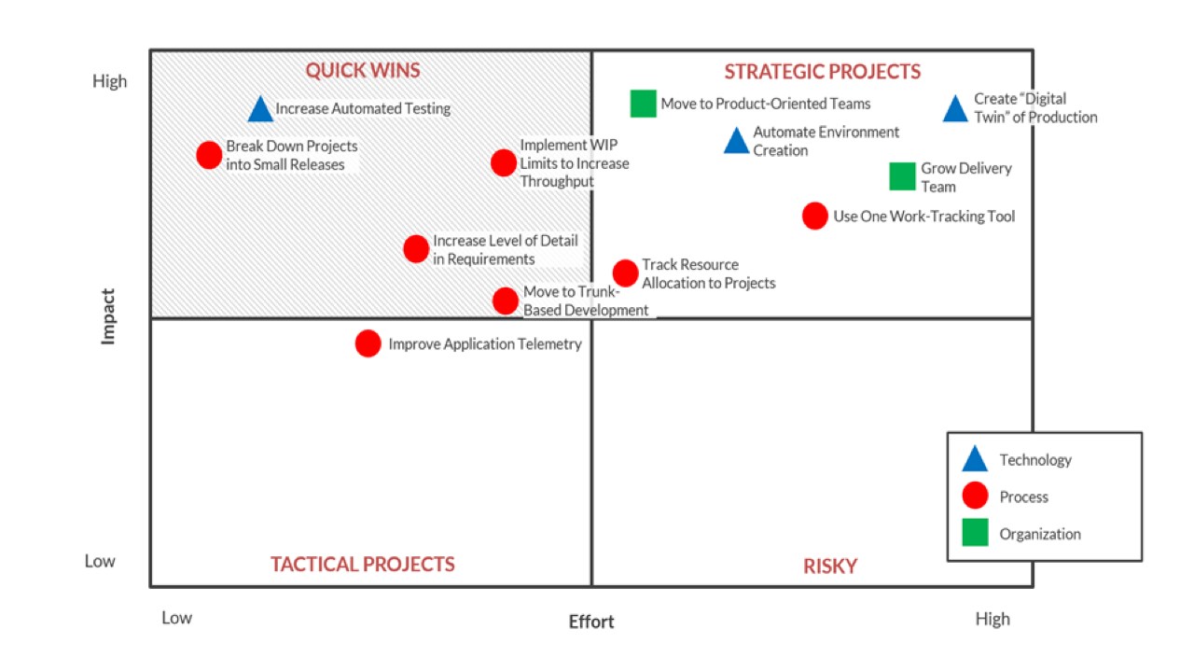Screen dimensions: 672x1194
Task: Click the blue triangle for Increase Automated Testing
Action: tap(261, 110)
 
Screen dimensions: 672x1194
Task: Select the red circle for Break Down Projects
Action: tap(210, 155)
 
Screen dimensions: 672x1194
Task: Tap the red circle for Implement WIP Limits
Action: tap(504, 162)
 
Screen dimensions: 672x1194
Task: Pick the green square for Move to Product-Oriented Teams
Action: tap(643, 104)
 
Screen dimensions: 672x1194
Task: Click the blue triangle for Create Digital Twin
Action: tap(955, 110)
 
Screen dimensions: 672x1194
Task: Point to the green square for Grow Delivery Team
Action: tap(902, 176)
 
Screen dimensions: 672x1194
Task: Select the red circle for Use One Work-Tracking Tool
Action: tap(814, 216)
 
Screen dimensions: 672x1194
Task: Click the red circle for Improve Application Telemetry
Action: tap(368, 343)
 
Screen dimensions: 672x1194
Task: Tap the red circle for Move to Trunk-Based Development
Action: tap(506, 301)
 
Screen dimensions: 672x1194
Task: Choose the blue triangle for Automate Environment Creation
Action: tap(736, 142)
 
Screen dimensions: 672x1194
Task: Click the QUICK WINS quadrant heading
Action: tap(363, 71)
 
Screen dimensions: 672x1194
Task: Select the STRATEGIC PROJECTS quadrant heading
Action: tap(822, 72)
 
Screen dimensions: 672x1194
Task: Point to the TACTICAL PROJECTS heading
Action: tap(363, 564)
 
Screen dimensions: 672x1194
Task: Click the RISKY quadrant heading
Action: tap(829, 566)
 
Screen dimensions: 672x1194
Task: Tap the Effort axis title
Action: tap(591, 622)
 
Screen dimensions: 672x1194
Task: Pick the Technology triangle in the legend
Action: tap(975, 459)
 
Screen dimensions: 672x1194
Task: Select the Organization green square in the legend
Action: tap(975, 533)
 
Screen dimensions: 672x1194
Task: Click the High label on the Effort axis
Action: tap(993, 619)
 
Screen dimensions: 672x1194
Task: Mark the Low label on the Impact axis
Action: tap(100, 561)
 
